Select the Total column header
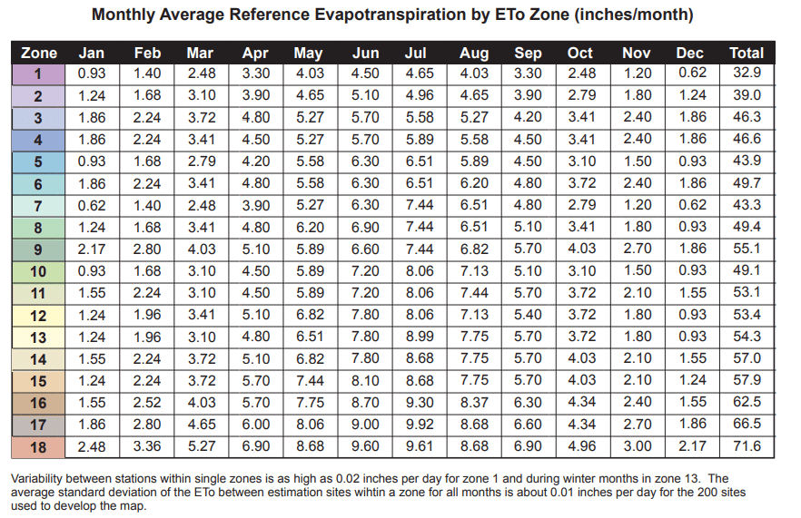(747, 54)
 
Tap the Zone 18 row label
(38, 447)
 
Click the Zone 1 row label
(38, 73)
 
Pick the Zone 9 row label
(38, 249)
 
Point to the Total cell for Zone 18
(747, 447)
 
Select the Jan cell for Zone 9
(92, 249)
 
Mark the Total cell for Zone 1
(747, 73)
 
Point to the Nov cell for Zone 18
(638, 447)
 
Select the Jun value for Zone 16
(364, 403)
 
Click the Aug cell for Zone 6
(474, 183)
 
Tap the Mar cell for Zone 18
(201, 447)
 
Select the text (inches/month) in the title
(632, 15)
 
